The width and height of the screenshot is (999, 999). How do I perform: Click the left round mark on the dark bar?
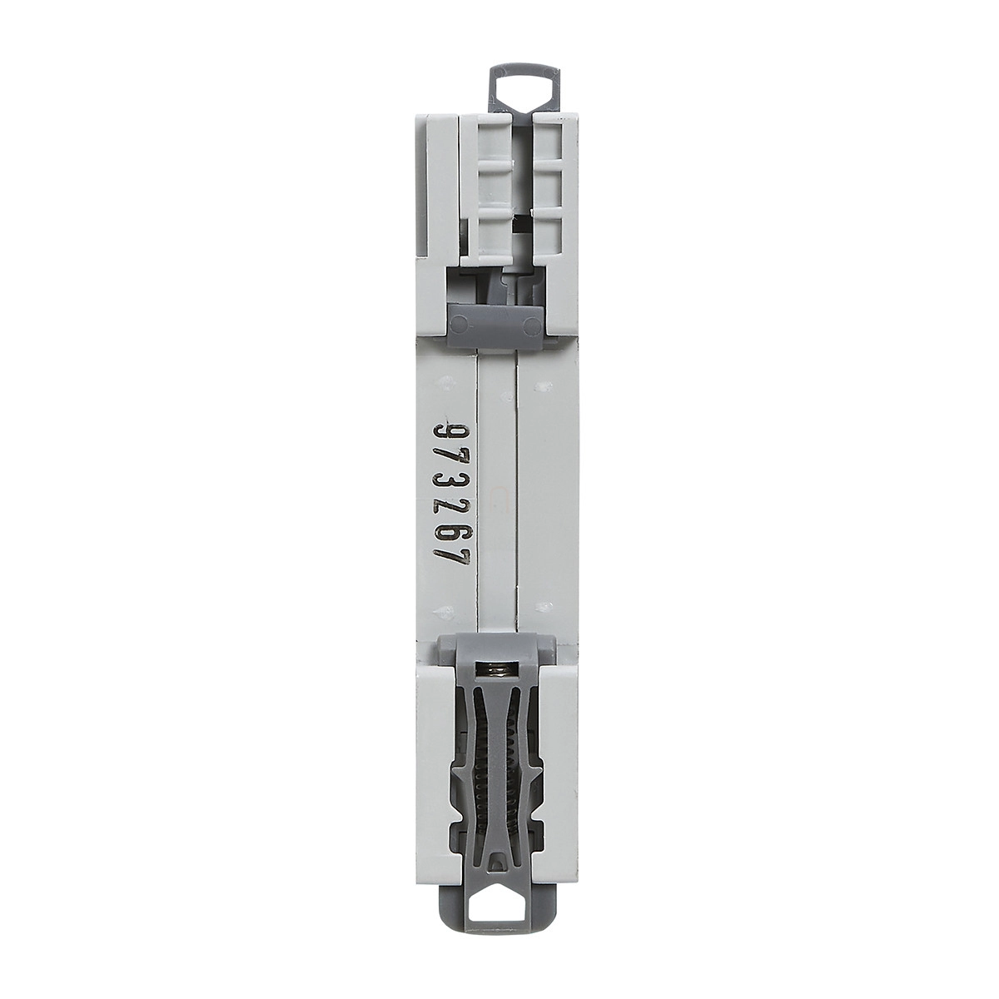[458, 326]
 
